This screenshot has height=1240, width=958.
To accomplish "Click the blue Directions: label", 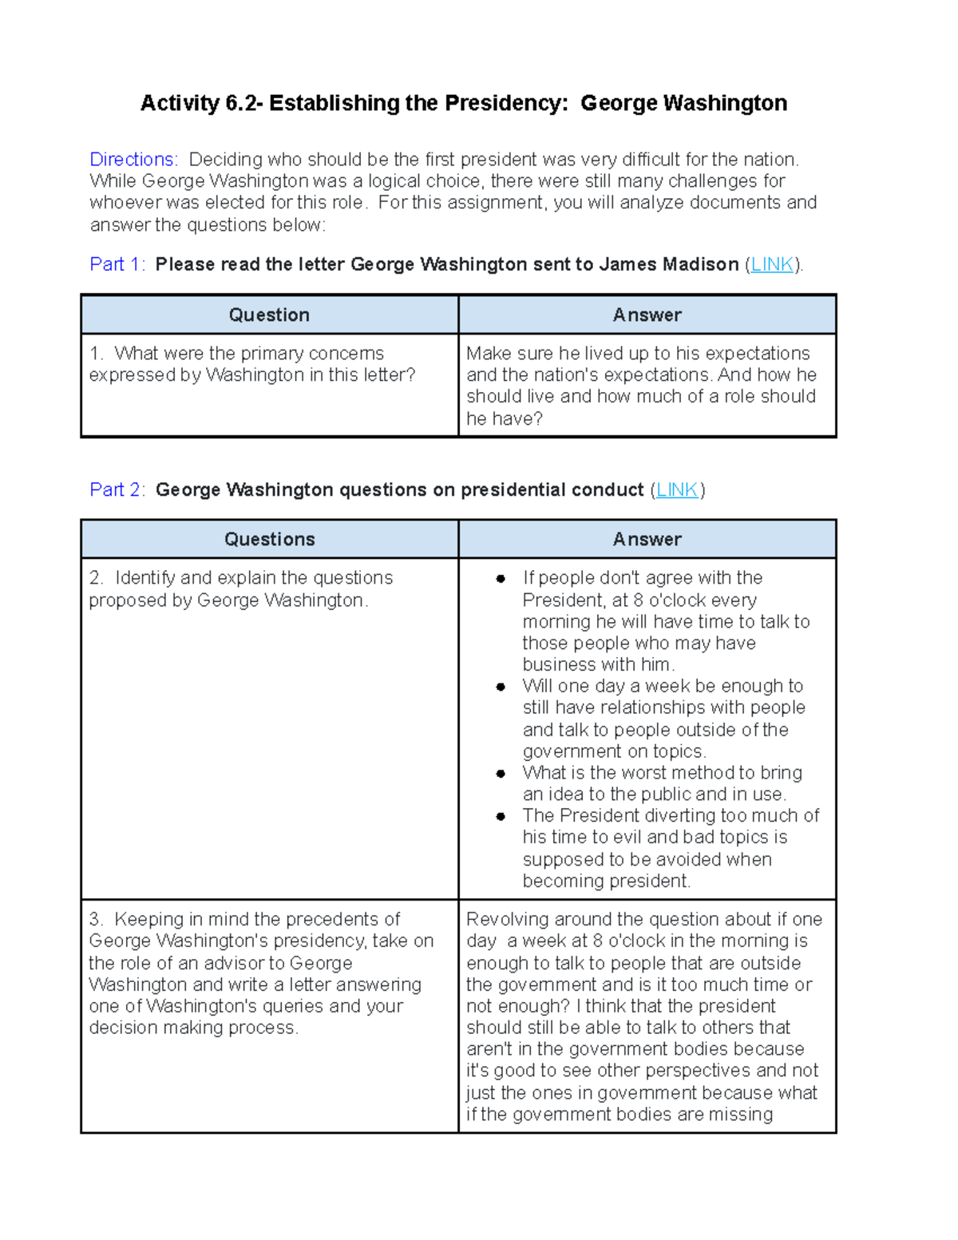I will [x=133, y=160].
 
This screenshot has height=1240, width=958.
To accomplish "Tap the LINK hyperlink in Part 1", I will [x=772, y=264].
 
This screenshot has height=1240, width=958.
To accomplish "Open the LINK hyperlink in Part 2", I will [x=677, y=489].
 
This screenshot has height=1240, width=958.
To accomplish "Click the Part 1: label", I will [x=117, y=264].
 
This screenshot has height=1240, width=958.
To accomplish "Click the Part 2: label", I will [x=117, y=489].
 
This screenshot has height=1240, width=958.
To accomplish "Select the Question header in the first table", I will [x=269, y=315].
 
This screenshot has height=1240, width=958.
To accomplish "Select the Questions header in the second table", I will [x=269, y=539].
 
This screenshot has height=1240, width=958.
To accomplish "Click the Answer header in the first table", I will [x=647, y=315].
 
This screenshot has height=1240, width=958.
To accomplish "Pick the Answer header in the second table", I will [x=647, y=539].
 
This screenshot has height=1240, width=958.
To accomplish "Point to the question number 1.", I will [x=96, y=354].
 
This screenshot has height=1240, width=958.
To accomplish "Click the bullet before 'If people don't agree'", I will [x=501, y=579].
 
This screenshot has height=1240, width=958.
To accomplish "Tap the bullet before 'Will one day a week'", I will [x=501, y=687].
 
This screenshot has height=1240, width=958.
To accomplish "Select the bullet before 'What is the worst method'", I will [x=501, y=774].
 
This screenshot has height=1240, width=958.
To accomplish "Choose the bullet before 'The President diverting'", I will [x=501, y=816].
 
